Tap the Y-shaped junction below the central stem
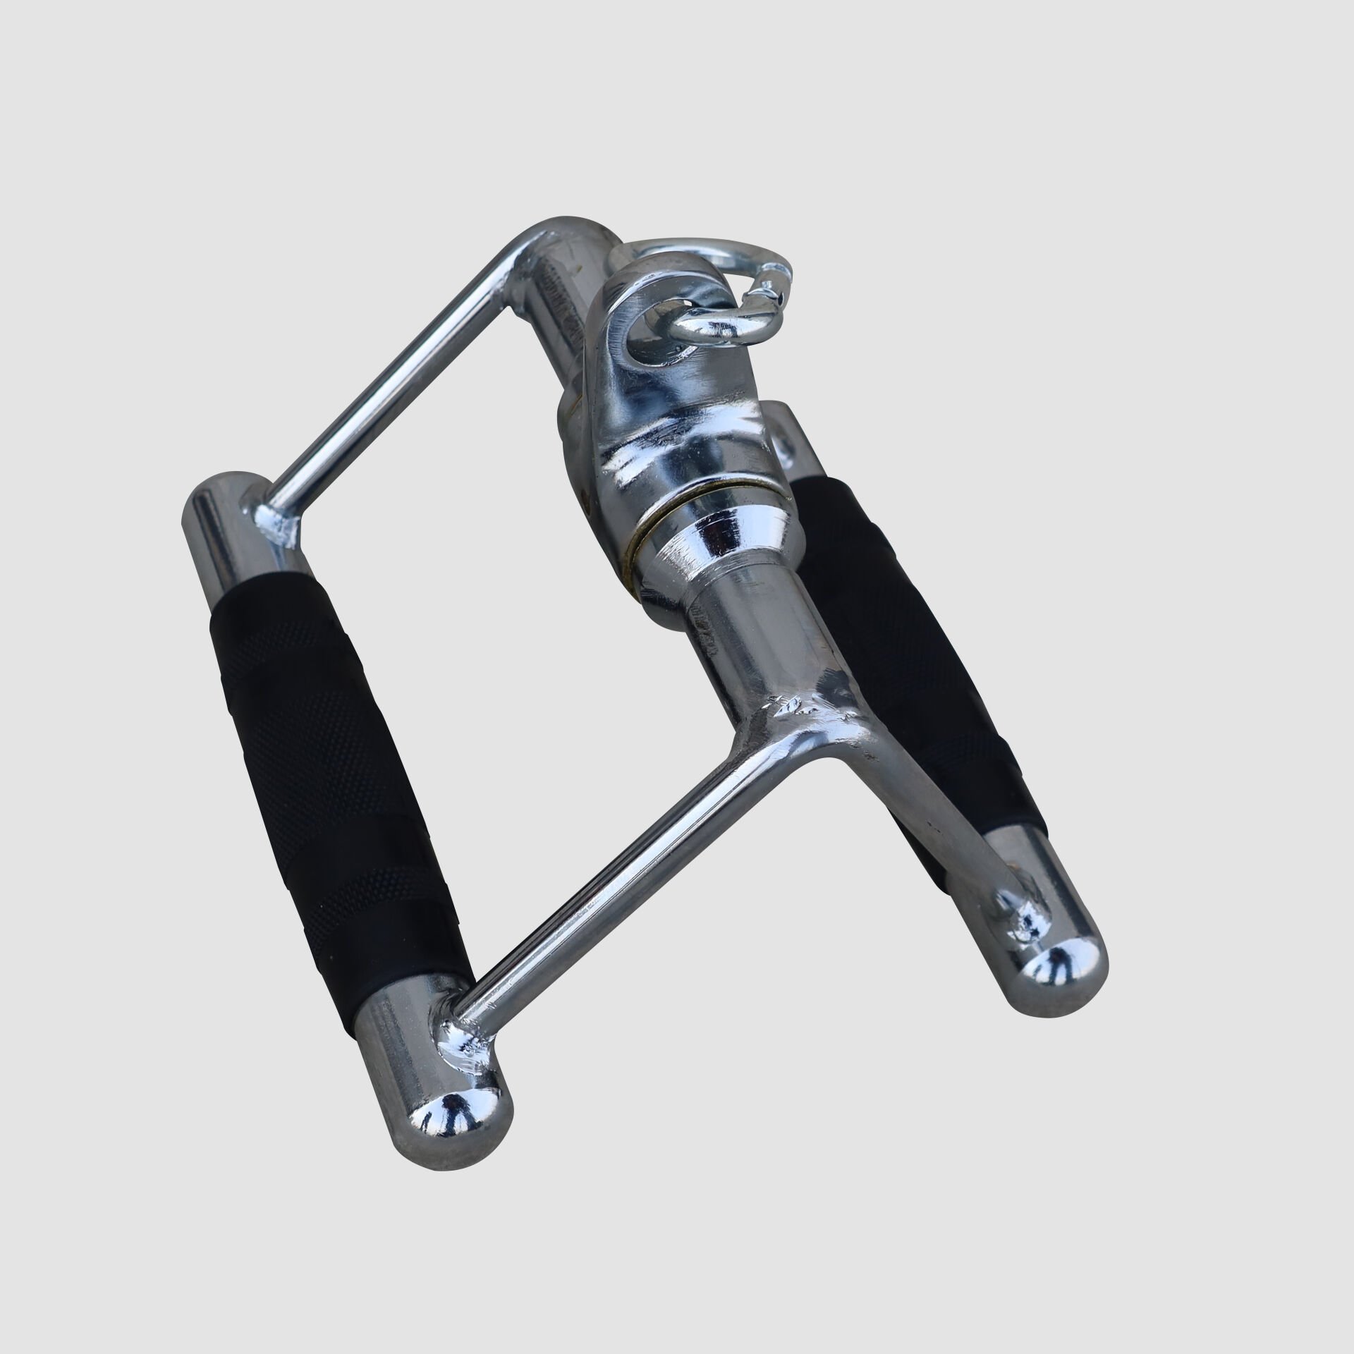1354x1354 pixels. (x=811, y=712)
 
